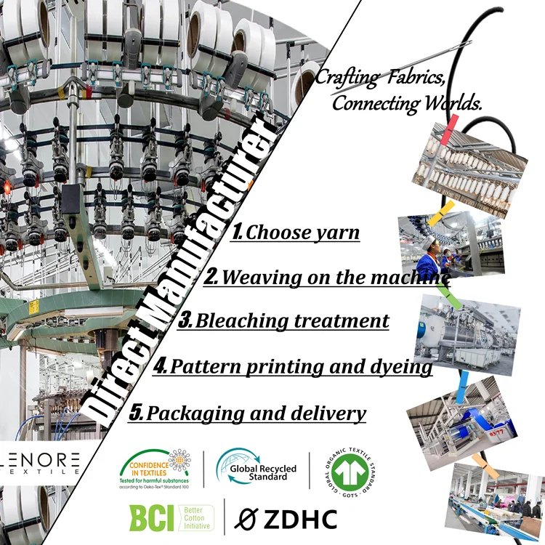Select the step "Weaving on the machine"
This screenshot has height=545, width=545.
click(x=331, y=278)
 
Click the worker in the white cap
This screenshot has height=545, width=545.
click(x=429, y=259)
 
